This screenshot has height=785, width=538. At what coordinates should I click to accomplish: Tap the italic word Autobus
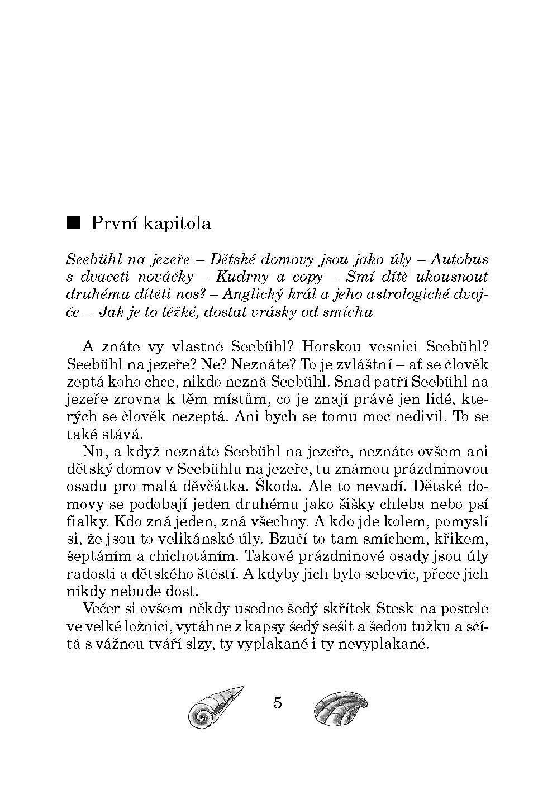(x=459, y=259)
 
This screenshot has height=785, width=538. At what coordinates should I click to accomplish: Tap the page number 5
(x=278, y=702)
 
